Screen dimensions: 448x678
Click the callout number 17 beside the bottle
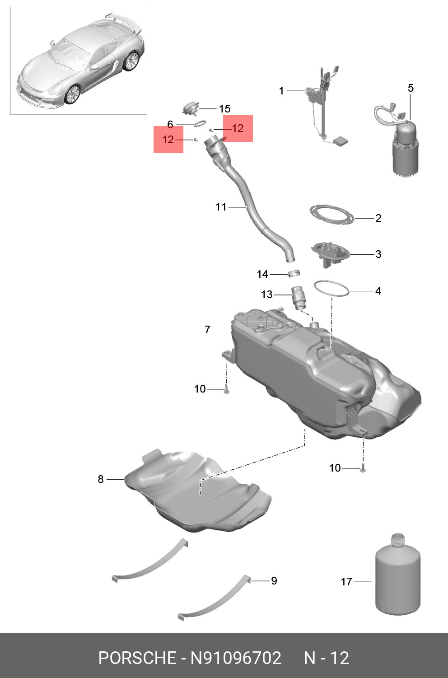pos(346,581)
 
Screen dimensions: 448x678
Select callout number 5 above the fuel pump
pos(411,88)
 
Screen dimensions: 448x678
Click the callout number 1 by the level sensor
pos(281,91)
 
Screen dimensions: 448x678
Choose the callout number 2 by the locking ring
pos(378,218)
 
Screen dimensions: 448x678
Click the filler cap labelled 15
pos(191,108)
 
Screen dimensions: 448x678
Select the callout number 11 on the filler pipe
pos(221,207)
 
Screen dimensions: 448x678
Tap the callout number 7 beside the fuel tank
pos(207,330)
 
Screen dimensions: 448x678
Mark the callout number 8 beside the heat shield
pos(101,479)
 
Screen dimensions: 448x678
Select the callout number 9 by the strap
pos(274,580)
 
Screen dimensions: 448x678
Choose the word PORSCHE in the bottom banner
pos(137,658)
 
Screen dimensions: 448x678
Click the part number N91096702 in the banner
pos(236,658)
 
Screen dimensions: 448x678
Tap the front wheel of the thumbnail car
pos(72,94)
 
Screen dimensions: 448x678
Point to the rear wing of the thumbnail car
pos(122,20)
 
